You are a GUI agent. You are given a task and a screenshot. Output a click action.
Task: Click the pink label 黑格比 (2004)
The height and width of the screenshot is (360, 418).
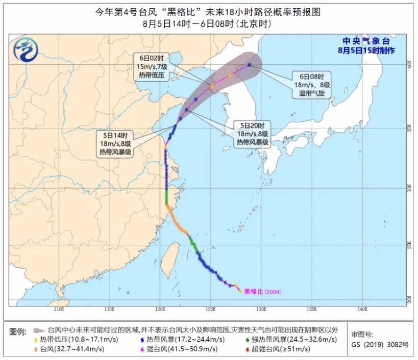[x=262, y=292]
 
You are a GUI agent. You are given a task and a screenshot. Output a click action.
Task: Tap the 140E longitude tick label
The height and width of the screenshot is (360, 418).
[x=362, y=309]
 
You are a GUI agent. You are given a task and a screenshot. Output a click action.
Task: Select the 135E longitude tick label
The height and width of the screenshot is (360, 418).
[x=311, y=309]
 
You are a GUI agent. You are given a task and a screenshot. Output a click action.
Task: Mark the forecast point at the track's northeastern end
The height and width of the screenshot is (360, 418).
[x=249, y=65]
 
